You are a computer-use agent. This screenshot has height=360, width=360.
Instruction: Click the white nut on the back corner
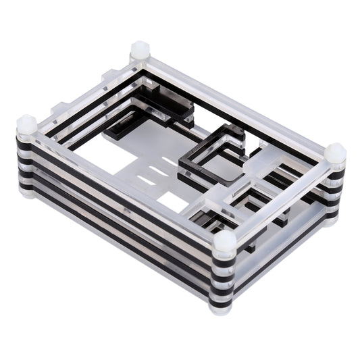tap(140, 50)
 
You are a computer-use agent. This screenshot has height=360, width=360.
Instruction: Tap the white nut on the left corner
tap(26, 124)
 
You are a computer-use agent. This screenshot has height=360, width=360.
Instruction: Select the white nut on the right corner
tap(335, 154)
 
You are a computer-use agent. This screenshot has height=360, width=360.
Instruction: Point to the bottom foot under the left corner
tap(27, 190)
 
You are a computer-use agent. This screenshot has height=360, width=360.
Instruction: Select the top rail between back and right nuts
tap(236, 101)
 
